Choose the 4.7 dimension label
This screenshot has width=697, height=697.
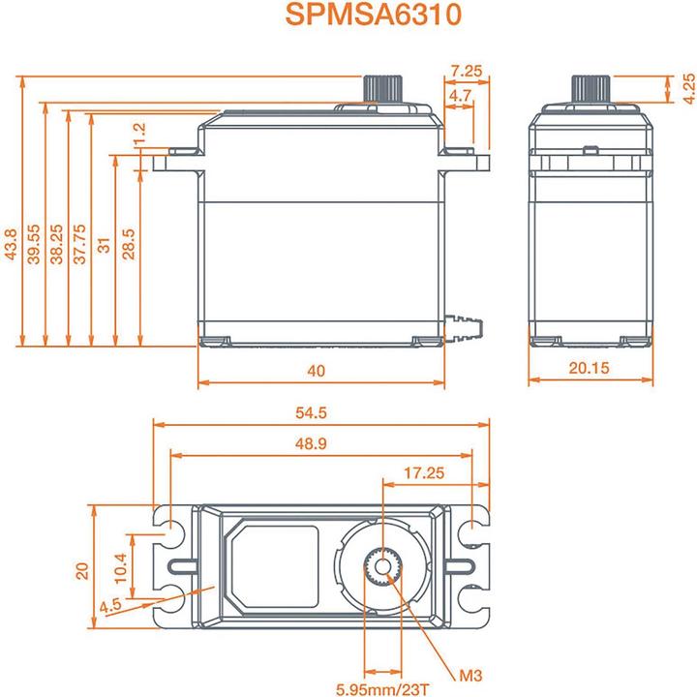[461, 95]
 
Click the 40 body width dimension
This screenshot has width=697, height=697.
[317, 371]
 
